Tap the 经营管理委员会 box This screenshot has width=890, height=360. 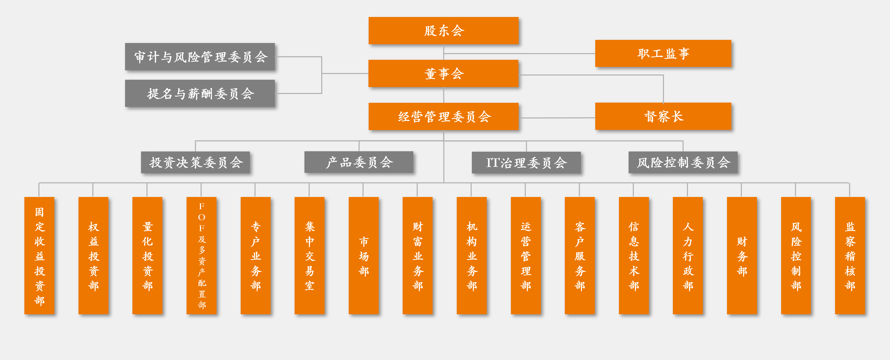point(443,116)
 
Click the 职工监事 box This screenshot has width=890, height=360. point(663,53)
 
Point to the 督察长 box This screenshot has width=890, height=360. point(663,116)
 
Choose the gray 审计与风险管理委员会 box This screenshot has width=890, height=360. point(200,57)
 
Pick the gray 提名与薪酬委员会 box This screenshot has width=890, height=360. point(200,93)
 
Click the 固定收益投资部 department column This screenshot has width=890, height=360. point(39,256)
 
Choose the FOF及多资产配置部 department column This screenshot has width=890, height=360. point(201,256)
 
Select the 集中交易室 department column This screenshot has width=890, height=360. point(309,256)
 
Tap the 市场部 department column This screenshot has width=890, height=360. point(363,256)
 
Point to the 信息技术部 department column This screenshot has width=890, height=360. point(634,256)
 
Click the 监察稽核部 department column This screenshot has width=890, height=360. point(850,256)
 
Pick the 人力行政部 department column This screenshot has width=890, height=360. point(688,256)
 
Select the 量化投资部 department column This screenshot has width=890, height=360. point(147,256)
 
